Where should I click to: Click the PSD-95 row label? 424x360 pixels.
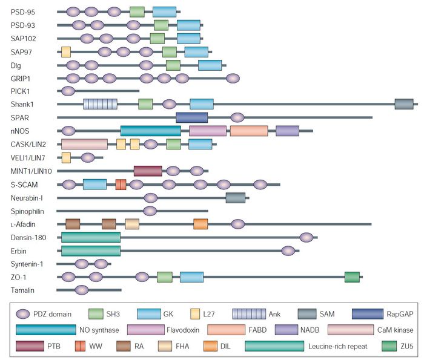[23, 11]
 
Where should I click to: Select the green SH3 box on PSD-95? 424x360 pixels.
[137, 11]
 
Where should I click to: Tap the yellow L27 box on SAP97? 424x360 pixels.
[66, 51]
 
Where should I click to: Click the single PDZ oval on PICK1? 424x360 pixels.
[68, 91]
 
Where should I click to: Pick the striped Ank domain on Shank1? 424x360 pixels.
[100, 104]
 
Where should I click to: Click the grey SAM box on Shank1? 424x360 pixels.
[403, 104]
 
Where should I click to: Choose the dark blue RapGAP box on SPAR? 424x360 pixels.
[191, 117]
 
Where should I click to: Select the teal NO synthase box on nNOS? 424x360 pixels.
[150, 131]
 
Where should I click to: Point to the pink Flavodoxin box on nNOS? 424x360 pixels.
[207, 131]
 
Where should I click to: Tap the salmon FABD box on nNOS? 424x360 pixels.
[248, 131]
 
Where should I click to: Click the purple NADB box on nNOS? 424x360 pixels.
[287, 131]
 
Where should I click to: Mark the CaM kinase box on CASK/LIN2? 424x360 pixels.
[84, 144]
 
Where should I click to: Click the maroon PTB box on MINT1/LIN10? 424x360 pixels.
[148, 171]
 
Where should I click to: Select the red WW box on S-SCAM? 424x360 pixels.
[121, 184]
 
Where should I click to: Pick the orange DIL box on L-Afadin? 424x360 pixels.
[200, 224]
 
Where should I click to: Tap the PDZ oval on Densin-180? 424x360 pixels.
[306, 237]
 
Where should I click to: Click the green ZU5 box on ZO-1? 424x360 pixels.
[352, 277]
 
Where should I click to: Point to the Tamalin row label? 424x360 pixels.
[24, 290]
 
